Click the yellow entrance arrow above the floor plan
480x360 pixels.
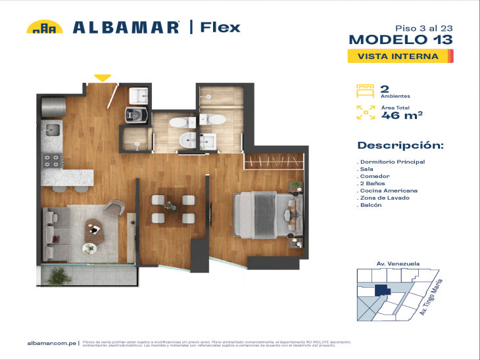pos(102,78)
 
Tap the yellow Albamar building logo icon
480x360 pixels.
pos(44,28)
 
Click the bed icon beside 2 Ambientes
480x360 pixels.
pos(365,91)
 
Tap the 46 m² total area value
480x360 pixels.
pos(402,116)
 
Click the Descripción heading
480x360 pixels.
pos(400,145)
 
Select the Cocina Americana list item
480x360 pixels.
pos(389,191)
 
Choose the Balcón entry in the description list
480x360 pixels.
pos(371,205)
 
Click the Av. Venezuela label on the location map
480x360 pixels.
pos(398,263)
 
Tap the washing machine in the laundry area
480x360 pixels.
pos(137,116)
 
